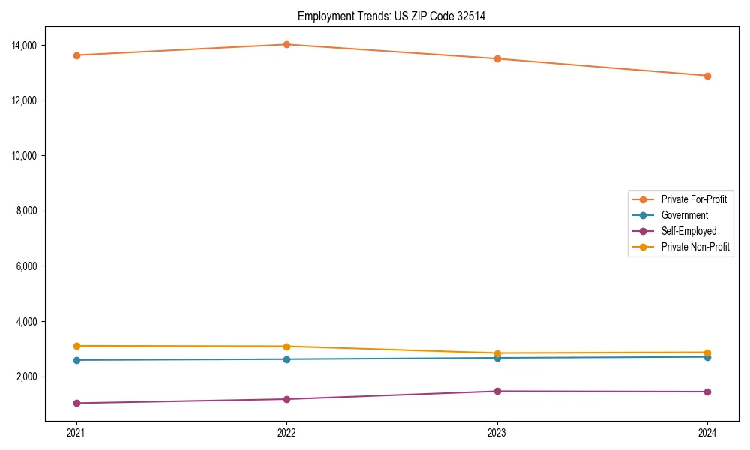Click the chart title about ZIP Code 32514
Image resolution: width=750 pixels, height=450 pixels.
tap(391, 16)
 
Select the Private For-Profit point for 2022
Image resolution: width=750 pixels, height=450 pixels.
tap(286, 44)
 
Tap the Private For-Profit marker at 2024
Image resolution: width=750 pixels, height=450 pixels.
tap(707, 76)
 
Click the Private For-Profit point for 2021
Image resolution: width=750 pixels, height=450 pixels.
tap(76, 55)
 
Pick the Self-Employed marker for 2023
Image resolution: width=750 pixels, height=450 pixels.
tap(497, 391)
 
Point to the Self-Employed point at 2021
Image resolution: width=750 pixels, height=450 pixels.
tap(76, 403)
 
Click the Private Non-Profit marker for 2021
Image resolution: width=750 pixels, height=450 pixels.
tap(76, 346)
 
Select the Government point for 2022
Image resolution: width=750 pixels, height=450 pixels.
tap(286, 359)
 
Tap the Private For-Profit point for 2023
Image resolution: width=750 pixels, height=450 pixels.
tap(497, 58)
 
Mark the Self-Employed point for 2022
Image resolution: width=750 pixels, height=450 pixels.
tap(286, 399)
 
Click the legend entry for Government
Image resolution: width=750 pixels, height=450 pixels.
tap(684, 215)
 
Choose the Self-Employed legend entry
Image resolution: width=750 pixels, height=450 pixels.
tap(688, 231)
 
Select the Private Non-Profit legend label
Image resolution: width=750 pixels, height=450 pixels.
tap(695, 247)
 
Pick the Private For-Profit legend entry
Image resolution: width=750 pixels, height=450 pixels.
tap(694, 199)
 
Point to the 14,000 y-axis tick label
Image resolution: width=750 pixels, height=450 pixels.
tap(27, 46)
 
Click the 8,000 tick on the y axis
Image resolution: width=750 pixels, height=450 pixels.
tap(29, 211)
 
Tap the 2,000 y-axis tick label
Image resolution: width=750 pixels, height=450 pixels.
tap(29, 376)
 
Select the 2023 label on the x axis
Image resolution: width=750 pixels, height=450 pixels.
tap(497, 433)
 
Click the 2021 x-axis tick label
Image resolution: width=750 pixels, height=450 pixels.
tap(76, 433)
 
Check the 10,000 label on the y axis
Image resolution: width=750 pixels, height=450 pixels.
tap(27, 156)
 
